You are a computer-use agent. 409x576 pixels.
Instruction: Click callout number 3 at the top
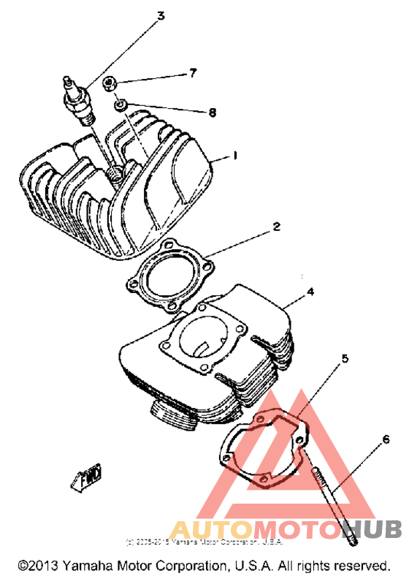(x=161, y=15)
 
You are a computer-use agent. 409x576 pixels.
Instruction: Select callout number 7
(x=193, y=73)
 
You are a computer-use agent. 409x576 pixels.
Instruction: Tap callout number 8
(x=213, y=113)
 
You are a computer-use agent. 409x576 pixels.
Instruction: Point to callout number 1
(x=235, y=156)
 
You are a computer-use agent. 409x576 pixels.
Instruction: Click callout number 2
(x=276, y=227)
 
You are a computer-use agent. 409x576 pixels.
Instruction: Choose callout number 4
(x=310, y=291)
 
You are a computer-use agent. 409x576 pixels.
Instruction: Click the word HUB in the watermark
(x=364, y=528)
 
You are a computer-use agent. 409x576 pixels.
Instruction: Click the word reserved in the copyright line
(x=362, y=565)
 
